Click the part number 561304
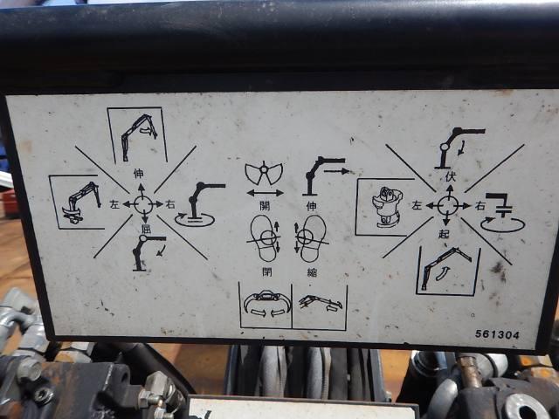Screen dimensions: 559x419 click(x=497, y=334)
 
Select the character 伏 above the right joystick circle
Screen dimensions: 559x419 click(x=451, y=177)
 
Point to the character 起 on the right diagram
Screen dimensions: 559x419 click(x=445, y=234)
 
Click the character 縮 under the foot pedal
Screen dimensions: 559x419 click(x=312, y=272)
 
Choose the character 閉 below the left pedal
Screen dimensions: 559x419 click(x=267, y=271)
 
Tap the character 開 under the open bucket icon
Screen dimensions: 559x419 click(x=265, y=206)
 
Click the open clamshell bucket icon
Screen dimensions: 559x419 click(x=264, y=174)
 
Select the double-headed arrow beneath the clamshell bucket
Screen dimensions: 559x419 click(x=266, y=194)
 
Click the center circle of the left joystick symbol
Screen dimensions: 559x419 click(x=143, y=204)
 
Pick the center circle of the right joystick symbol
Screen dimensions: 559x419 click(x=448, y=206)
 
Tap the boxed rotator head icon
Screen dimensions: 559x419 click(x=386, y=207)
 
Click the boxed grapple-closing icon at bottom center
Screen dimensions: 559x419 click(x=266, y=306)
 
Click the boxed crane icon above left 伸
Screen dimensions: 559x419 click(x=138, y=134)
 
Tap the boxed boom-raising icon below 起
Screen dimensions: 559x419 click(x=448, y=271)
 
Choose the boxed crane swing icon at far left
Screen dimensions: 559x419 click(x=77, y=203)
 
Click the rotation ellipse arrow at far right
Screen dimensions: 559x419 click(x=503, y=225)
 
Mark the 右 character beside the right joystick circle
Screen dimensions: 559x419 click(x=480, y=206)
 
